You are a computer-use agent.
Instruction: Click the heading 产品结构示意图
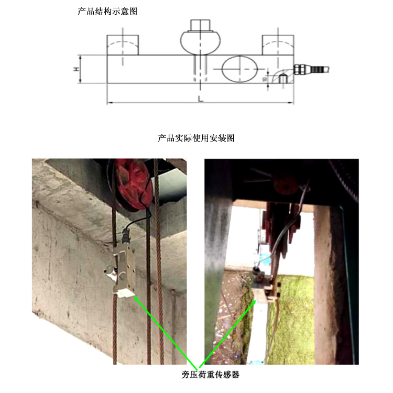pyautogui.click(x=107, y=11)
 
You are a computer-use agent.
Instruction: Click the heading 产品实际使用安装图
pyautogui.click(x=196, y=138)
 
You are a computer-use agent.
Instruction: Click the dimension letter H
pyautogui.click(x=75, y=69)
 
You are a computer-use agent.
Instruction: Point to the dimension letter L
pyautogui.click(x=201, y=99)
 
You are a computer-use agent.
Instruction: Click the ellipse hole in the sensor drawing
pyautogui.click(x=241, y=69)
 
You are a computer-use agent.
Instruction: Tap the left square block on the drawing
pyautogui.click(x=123, y=45)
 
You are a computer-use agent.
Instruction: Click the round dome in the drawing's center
pyautogui.click(x=201, y=41)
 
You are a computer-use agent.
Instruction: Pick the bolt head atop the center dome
pyautogui.click(x=200, y=25)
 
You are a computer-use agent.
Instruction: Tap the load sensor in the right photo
pyautogui.click(x=265, y=289)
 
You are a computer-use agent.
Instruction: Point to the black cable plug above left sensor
pyautogui.click(x=126, y=234)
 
